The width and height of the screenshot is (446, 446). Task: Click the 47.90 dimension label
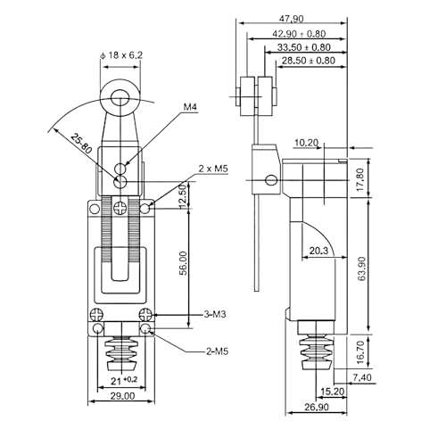[x=292, y=19]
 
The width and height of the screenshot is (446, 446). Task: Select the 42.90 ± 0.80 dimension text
[x=299, y=34]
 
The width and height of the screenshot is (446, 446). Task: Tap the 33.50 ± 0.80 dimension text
[x=304, y=47]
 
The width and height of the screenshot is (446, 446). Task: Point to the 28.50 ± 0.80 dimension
[x=309, y=61]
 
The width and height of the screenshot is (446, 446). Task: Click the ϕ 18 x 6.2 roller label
[x=121, y=55]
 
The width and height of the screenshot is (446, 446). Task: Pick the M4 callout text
[x=190, y=107]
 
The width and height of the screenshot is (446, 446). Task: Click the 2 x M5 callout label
[x=213, y=169]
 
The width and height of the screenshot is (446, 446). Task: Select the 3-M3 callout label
[x=215, y=314]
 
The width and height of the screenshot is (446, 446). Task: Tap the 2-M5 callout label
[x=217, y=351]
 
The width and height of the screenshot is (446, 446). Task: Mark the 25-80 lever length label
[x=81, y=144]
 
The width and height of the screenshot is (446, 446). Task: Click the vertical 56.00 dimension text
[x=184, y=263]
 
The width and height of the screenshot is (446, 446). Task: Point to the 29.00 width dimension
[x=122, y=396]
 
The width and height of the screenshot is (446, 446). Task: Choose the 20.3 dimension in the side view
[x=318, y=251]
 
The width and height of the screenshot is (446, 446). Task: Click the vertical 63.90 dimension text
[x=361, y=269]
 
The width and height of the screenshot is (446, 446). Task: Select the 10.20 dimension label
[x=306, y=143]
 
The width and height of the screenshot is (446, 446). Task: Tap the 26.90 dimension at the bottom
[x=317, y=407]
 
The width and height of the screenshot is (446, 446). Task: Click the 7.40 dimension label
[x=362, y=377]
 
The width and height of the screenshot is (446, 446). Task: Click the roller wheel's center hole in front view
[x=120, y=98]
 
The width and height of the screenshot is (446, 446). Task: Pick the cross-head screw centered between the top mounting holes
[x=120, y=209]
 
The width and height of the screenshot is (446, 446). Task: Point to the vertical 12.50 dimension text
[x=183, y=195]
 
